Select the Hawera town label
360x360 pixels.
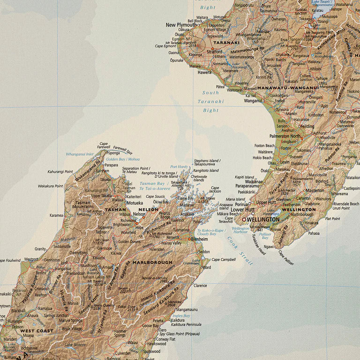(204, 73)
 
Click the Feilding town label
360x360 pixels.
(307, 126)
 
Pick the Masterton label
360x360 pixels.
(315, 191)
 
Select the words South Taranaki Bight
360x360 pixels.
(210, 102)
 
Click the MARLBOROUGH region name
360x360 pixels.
(152, 262)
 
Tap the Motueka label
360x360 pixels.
(135, 203)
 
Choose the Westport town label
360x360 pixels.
(31, 259)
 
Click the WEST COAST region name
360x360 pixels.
(36, 331)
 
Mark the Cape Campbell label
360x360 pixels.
(224, 260)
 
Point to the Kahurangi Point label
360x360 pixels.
(60, 172)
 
